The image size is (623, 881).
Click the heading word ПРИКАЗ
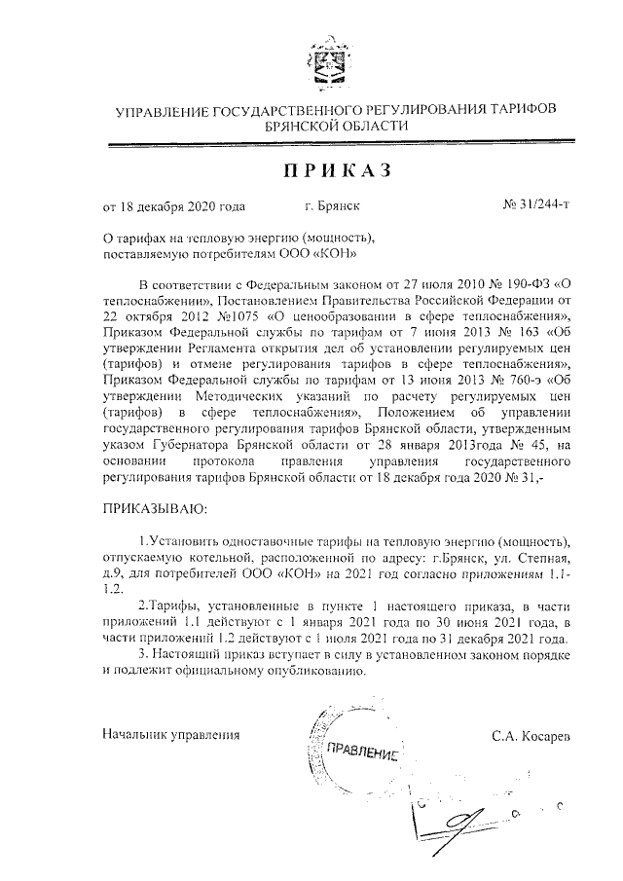click(x=338, y=171)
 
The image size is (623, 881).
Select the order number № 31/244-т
click(x=535, y=206)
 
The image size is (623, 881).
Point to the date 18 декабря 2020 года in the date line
click(x=183, y=206)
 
